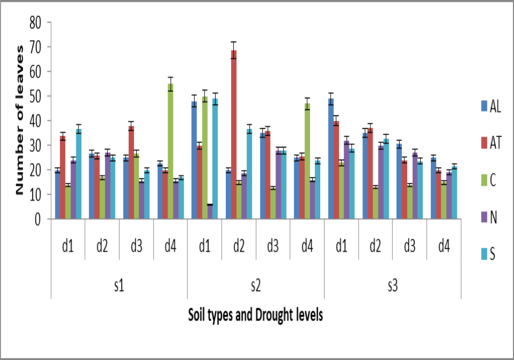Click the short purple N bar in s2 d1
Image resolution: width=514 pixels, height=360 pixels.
(210, 212)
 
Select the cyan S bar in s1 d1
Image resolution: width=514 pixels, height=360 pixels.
(78, 174)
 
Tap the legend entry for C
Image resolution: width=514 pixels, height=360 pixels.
(488, 180)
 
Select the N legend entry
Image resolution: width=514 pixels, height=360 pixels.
(488, 217)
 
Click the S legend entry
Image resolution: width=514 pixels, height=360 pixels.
(488, 254)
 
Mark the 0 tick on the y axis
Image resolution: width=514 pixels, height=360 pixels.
(38, 219)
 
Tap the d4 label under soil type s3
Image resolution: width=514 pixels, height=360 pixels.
(444, 247)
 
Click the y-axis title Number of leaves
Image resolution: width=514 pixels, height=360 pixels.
(20, 121)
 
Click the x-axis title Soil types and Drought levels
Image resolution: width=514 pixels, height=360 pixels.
(256, 316)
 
